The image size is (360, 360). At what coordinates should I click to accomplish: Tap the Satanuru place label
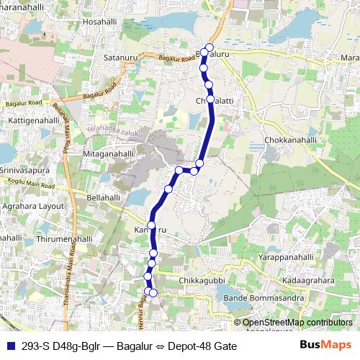(120, 56)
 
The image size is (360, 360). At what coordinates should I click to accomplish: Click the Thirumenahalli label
(66, 238)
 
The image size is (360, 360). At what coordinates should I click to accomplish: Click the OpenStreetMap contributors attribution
(297, 323)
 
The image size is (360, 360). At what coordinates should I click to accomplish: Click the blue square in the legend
(12, 346)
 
